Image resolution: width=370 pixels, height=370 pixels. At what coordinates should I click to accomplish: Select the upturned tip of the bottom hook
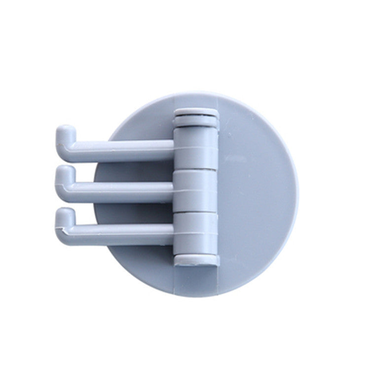coord(64,214)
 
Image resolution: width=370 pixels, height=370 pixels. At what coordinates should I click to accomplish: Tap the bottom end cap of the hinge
coord(196,259)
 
